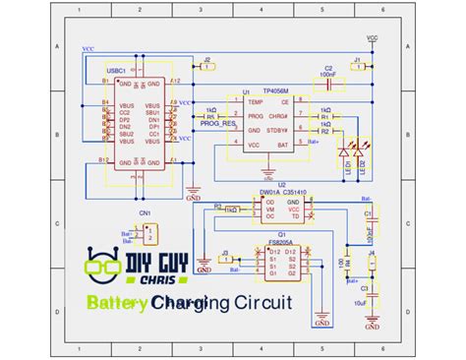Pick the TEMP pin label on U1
(x=256, y=101)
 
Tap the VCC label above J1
(x=372, y=39)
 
